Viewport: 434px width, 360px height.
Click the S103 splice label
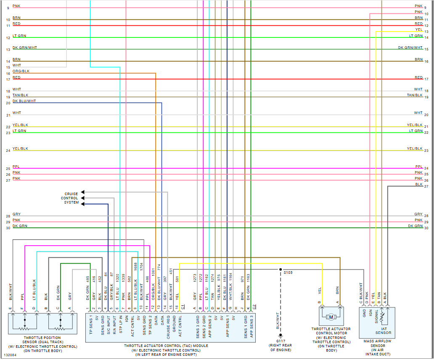click(x=288, y=273)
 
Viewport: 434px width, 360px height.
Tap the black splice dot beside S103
click(x=281, y=269)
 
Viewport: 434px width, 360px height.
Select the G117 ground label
click(x=281, y=341)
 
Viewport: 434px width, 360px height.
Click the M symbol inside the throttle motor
click(x=331, y=317)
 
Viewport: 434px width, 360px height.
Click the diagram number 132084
click(x=10, y=355)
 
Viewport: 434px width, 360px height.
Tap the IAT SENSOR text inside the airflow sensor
click(x=383, y=331)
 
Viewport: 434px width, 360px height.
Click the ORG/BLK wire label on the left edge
click(x=21, y=71)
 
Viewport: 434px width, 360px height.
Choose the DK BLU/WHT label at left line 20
click(x=24, y=101)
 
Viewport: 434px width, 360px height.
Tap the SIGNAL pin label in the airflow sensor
click(x=376, y=319)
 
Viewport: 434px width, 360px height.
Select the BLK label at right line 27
click(x=419, y=184)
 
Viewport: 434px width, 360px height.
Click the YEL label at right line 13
click(x=419, y=29)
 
